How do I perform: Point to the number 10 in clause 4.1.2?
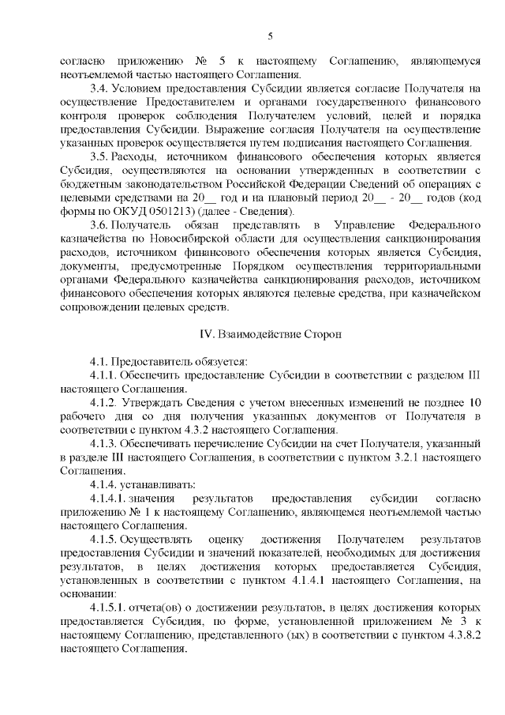click(474, 402)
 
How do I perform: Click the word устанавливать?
click(158, 484)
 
